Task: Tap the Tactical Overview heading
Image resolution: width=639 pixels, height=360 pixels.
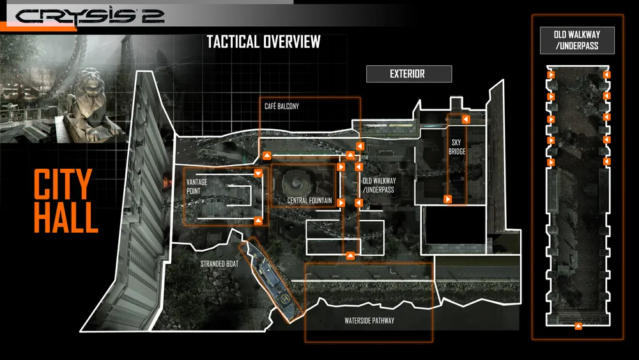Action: [x=263, y=42]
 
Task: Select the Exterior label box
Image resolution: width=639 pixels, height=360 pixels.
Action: [x=408, y=74]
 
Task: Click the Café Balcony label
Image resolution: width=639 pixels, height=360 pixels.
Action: [x=282, y=106]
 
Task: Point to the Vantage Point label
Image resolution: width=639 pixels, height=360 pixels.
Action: [x=197, y=186]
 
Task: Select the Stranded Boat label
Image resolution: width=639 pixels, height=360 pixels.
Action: [x=219, y=263]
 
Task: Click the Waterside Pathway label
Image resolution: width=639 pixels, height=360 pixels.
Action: [x=365, y=321]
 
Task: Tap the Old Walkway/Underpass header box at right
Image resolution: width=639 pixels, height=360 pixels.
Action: [x=576, y=40]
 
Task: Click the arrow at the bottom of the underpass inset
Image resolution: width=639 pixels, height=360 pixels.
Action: [x=578, y=327]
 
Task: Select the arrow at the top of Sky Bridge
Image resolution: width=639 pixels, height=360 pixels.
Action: [x=466, y=120]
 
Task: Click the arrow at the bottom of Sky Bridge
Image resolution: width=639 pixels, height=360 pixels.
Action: [x=449, y=200]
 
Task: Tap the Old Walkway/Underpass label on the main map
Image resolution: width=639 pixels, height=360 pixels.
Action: [x=378, y=185]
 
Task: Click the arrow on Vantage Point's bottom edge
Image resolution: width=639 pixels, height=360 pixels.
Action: [x=258, y=221]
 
